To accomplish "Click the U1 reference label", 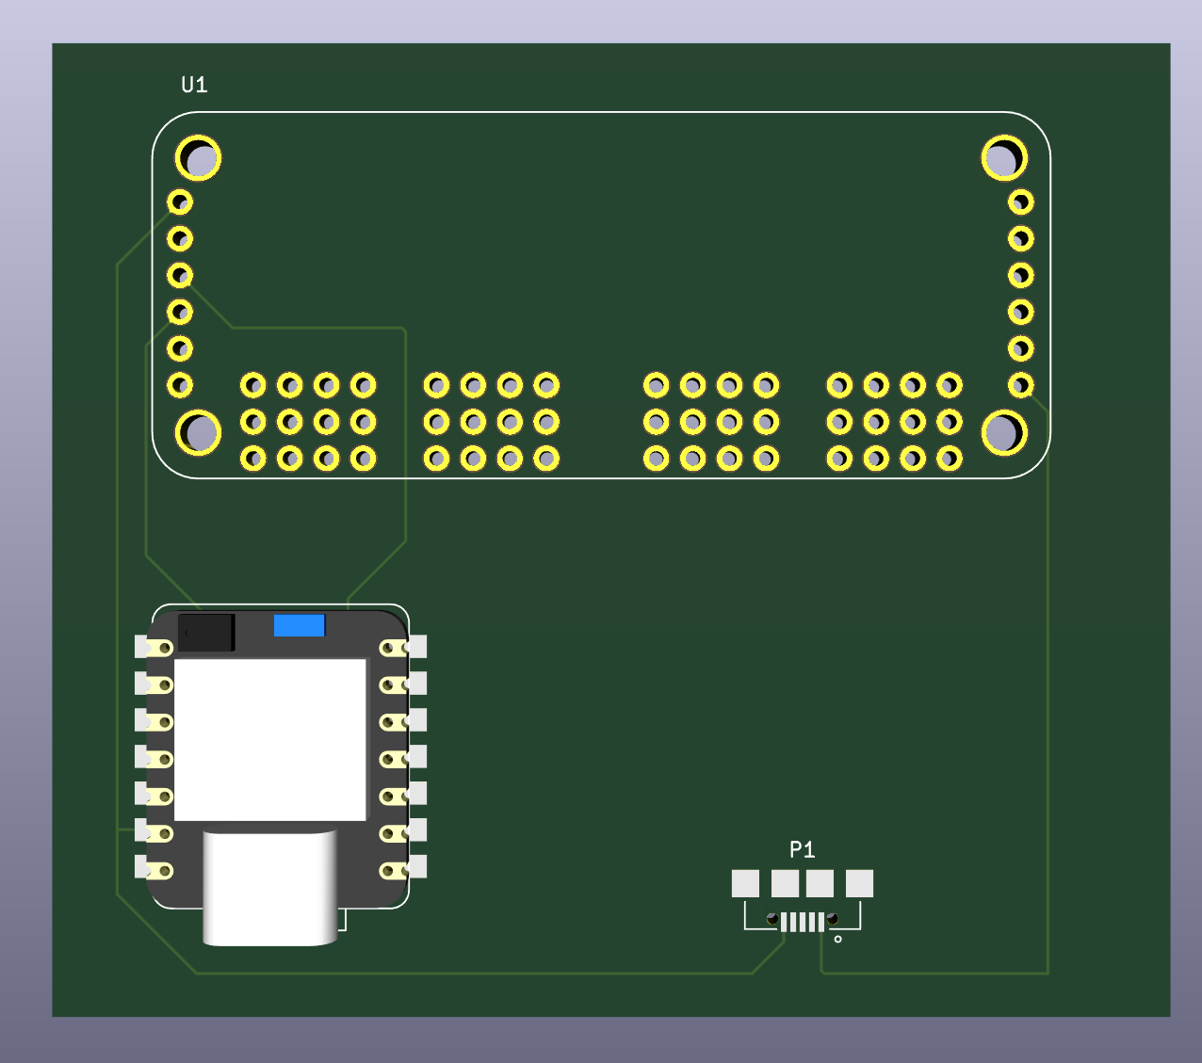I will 194,85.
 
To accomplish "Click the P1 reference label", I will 802,850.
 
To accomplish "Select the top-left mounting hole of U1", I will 199,158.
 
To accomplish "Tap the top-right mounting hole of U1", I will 1004,158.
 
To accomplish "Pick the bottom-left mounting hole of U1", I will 199,432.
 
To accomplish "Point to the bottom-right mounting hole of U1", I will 1004,432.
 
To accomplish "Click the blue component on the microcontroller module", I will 300,625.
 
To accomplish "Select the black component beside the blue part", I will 206,633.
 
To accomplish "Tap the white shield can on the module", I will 270,739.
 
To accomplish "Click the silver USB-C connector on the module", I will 270,888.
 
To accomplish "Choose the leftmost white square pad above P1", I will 745,883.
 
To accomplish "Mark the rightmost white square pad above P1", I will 859,883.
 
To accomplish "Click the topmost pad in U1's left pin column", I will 180,201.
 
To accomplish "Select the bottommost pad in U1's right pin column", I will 1021,385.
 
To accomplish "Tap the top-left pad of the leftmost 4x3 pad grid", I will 253,385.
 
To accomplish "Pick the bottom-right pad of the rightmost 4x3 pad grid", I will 950,459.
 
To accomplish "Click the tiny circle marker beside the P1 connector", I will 838,939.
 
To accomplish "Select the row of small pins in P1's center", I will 803,922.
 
